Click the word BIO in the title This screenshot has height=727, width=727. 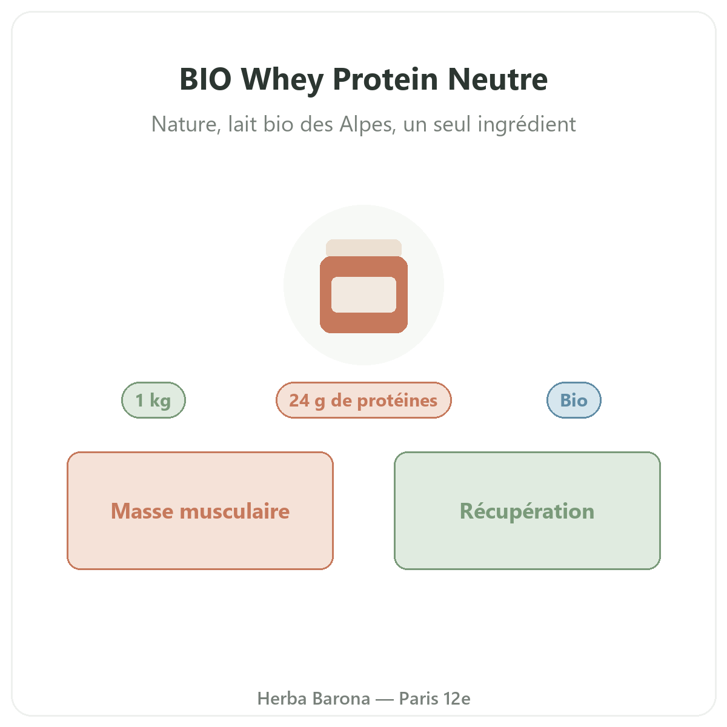tap(205, 79)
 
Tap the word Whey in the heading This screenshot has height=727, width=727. tap(282, 81)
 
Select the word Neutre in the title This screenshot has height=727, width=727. tap(497, 79)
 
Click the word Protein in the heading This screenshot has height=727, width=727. tap(385, 79)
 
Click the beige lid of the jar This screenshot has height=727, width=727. tap(363, 248)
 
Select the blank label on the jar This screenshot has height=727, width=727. tap(363, 294)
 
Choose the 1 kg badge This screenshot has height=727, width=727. tap(153, 400)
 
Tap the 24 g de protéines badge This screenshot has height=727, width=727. tap(363, 400)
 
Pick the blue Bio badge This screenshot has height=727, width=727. tap(574, 400)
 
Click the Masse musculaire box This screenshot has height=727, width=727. tap(200, 511)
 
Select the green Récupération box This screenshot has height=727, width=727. tap(527, 511)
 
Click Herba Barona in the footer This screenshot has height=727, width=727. tap(313, 699)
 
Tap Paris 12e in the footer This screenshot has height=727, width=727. tap(434, 699)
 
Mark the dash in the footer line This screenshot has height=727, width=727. tap(385, 700)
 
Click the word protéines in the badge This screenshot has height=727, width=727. tap(397, 400)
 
